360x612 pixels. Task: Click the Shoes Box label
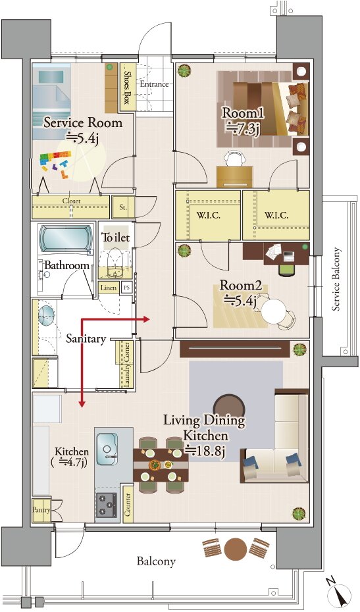click(126, 88)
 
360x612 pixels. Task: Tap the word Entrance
click(154, 84)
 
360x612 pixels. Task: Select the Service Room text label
click(83, 123)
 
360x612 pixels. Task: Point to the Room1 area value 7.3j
click(242, 128)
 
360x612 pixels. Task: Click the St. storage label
click(123, 207)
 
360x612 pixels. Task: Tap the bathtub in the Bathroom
click(66, 239)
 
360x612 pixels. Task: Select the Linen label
click(108, 288)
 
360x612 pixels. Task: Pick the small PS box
click(126, 288)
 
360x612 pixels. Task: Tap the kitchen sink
click(107, 449)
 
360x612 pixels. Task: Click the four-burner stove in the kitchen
click(107, 505)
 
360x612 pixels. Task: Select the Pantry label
click(41, 510)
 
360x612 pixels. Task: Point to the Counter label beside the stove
click(128, 504)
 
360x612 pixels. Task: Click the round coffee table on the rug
click(229, 406)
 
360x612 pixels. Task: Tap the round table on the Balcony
click(236, 549)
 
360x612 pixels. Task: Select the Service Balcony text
click(336, 279)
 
